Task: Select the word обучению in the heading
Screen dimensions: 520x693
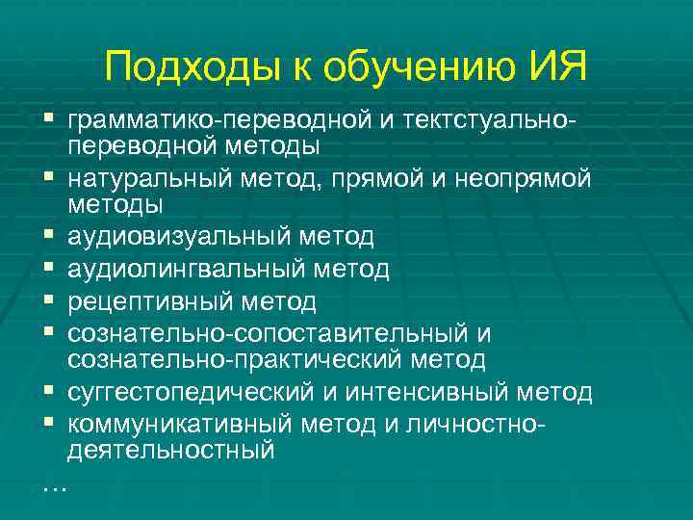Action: (419, 66)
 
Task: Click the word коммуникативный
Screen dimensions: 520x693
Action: (180, 424)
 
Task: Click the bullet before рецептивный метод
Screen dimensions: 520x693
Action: (48, 301)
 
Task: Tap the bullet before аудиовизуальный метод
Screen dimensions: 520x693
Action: (48, 237)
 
